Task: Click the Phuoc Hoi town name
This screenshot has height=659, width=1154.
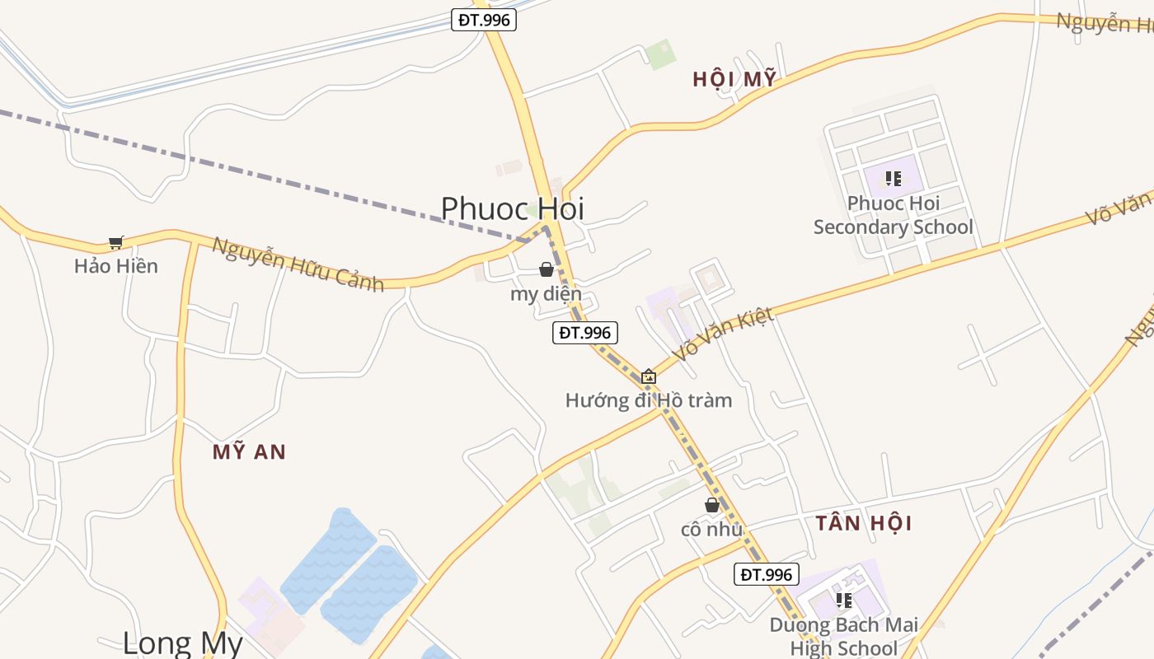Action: coord(512,208)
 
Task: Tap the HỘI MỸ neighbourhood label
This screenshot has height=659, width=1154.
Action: coord(734,79)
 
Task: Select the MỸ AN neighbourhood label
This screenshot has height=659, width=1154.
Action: coord(249,451)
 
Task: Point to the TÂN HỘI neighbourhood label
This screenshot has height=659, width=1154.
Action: coord(864,523)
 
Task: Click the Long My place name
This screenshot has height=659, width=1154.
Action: coord(183,643)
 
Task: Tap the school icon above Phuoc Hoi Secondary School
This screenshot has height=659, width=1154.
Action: coord(893,178)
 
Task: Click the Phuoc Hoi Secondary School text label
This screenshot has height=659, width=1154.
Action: coord(894,215)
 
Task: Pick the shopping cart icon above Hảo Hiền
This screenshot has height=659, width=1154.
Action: coord(115,243)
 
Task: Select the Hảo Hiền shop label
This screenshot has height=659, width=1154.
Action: coord(115,266)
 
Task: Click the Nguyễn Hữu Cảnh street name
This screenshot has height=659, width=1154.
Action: coord(298,264)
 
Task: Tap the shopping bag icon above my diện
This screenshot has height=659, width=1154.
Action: coord(546,269)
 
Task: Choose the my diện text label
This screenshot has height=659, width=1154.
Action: coord(546,294)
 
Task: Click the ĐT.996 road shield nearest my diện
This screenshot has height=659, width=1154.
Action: coord(584,333)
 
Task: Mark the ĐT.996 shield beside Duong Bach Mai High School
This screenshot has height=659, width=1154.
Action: coord(766,575)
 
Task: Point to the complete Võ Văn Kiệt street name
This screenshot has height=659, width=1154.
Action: coord(723,334)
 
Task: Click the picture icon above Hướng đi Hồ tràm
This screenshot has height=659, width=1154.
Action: coord(649,376)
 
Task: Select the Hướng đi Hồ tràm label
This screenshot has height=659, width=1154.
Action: coord(649,400)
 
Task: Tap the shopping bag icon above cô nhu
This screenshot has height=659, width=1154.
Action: coord(712,505)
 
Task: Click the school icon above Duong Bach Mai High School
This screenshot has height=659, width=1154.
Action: coord(843,601)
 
